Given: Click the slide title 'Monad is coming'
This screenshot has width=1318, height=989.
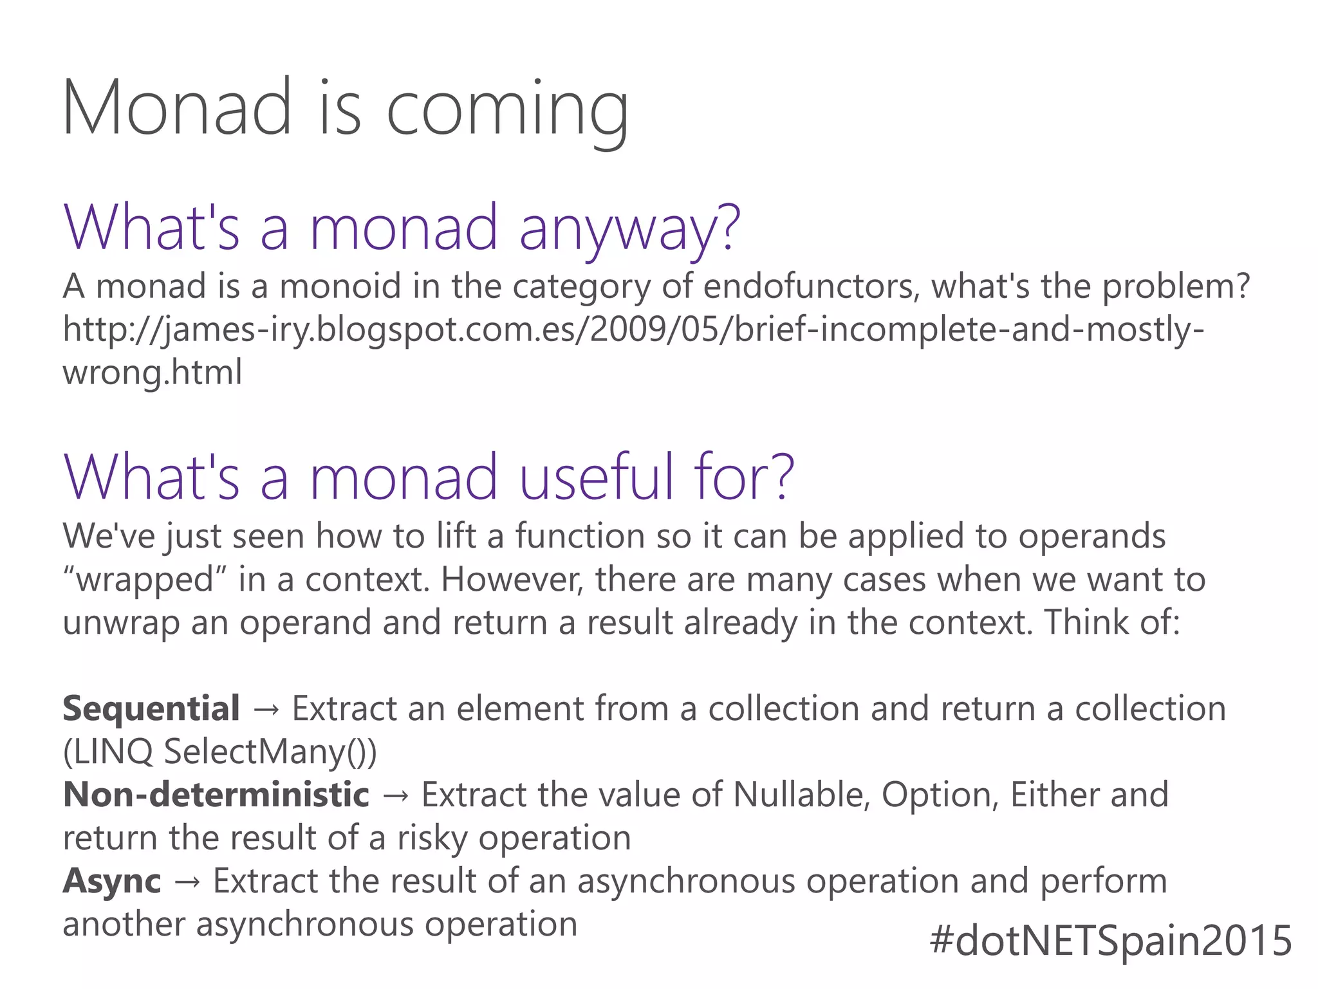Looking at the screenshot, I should point(345,107).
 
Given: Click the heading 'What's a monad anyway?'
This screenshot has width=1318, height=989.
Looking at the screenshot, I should point(402,227).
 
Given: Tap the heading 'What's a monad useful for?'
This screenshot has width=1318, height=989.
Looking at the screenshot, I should point(429,477).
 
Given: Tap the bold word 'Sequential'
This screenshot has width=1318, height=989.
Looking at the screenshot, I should point(151,709).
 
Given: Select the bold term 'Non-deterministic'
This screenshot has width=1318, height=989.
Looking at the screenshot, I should point(216,795).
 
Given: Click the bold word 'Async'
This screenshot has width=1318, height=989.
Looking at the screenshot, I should point(112,882).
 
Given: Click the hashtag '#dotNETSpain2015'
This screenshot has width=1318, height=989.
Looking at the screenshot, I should point(1111,941).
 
